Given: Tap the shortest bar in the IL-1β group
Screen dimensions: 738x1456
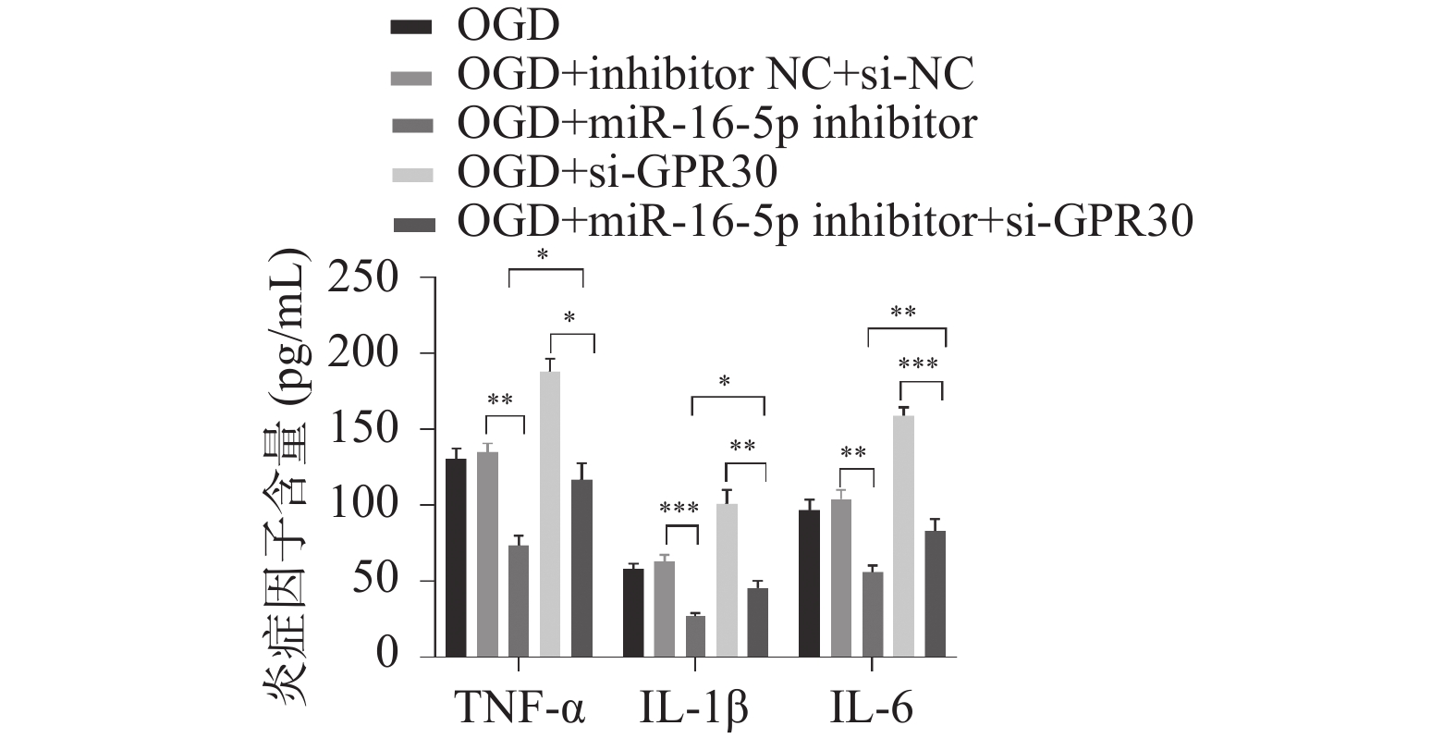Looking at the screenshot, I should (x=695, y=636).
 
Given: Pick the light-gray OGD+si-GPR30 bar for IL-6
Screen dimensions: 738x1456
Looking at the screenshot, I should (x=903, y=536).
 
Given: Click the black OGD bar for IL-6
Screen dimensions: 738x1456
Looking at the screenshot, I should (x=809, y=583).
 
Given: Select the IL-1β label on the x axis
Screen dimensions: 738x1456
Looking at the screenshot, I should (x=694, y=710).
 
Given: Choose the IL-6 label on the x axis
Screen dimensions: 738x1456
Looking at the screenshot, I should (x=872, y=710).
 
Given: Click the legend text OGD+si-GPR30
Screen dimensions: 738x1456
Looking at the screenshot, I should (x=618, y=172).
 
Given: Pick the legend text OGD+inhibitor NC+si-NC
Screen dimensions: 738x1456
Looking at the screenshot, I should (x=716, y=75).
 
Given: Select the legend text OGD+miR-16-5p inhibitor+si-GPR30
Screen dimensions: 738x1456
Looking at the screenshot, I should (x=826, y=221).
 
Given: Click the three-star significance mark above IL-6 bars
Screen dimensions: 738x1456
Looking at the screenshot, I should (x=919, y=364).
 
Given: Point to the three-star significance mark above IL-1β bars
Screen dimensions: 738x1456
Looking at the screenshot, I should (x=679, y=510).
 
